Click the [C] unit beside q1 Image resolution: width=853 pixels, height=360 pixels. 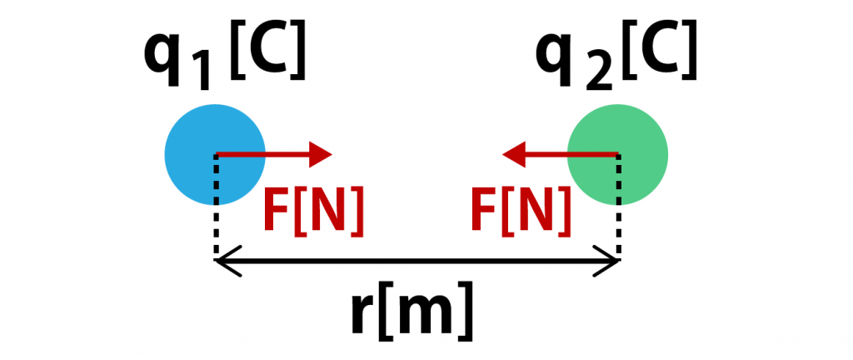(x=267, y=53)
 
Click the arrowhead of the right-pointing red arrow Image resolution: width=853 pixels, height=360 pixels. (x=322, y=153)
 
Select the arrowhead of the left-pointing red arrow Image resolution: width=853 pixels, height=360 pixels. (x=512, y=153)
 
